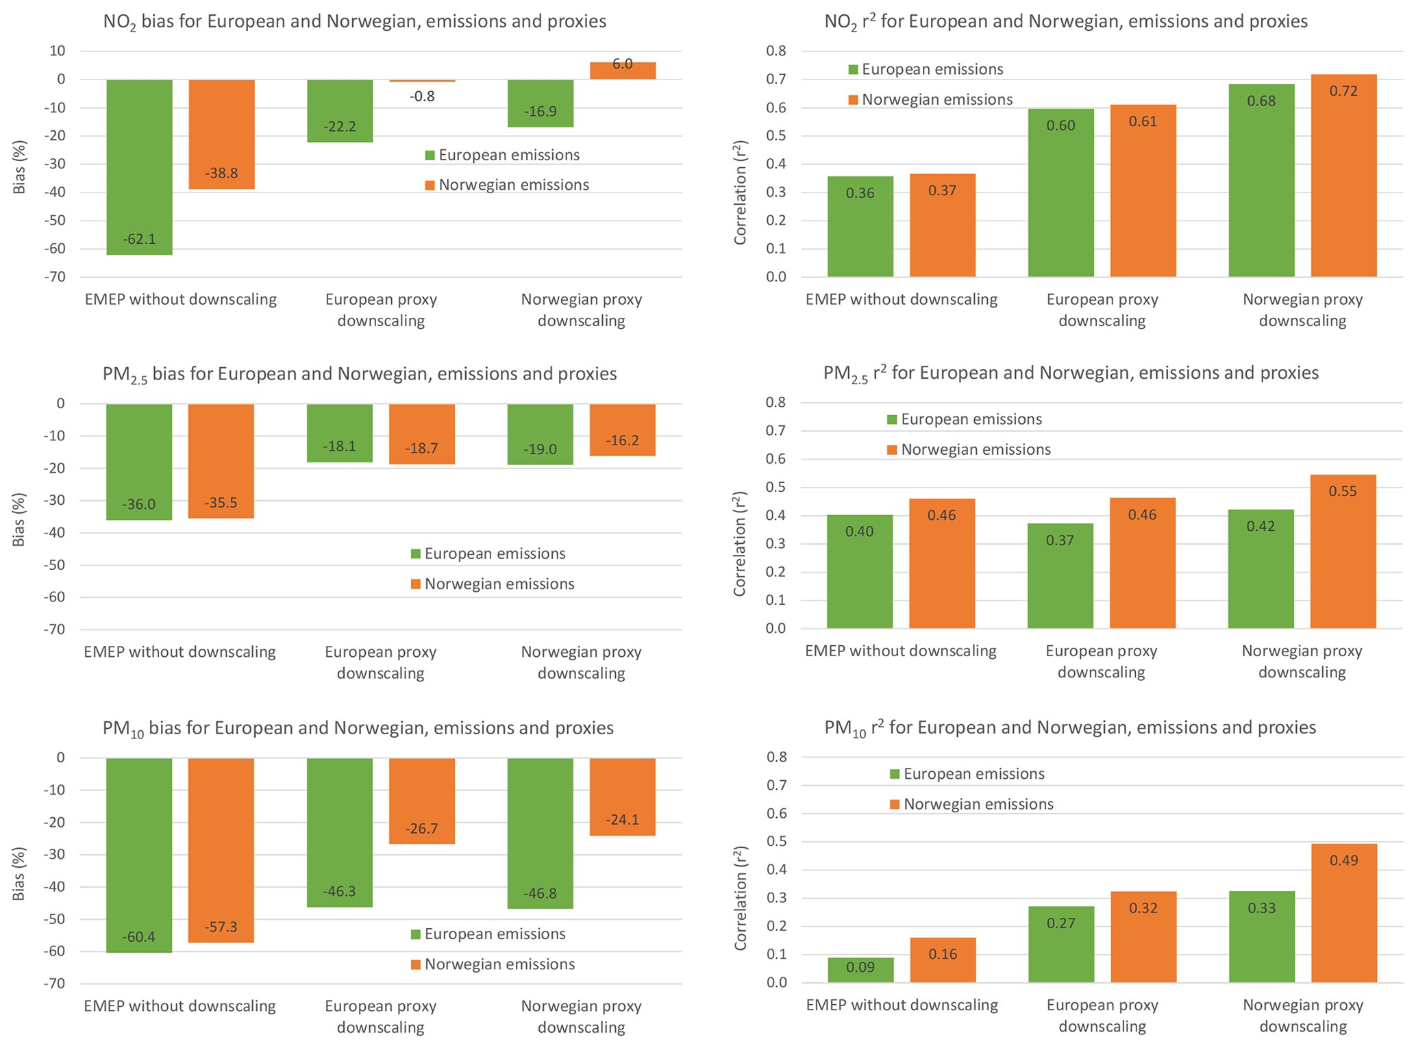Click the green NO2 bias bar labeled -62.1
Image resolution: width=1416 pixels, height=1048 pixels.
[x=139, y=166]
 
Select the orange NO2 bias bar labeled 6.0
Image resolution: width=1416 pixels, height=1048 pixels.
[x=622, y=71]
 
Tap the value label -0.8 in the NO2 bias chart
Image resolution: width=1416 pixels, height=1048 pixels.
[x=422, y=97]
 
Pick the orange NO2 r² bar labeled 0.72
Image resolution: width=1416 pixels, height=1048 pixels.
[x=1343, y=175]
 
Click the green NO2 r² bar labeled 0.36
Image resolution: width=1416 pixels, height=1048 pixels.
[x=860, y=226]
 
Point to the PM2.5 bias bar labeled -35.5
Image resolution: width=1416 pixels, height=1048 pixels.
[x=221, y=460]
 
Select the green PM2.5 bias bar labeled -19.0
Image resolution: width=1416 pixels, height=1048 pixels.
[x=540, y=434]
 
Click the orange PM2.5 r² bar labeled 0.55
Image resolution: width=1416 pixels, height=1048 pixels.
[x=1343, y=551]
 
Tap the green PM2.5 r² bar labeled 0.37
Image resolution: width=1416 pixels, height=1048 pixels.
[x=1060, y=575]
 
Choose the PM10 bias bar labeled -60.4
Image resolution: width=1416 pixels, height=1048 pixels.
[x=139, y=855]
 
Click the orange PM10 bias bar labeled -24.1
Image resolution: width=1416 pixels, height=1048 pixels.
[x=622, y=797]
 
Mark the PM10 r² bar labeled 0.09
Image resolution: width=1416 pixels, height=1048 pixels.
[x=860, y=970]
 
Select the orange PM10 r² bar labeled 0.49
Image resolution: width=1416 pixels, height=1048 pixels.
[x=1343, y=913]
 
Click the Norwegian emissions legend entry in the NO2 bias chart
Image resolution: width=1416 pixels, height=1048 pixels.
[x=506, y=185]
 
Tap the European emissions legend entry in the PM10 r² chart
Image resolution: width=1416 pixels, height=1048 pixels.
[x=967, y=774]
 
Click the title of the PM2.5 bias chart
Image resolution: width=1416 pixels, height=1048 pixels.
[x=359, y=374]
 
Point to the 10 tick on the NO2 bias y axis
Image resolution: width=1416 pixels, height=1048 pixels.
[x=57, y=51]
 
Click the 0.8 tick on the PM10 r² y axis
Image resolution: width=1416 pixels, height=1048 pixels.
[x=778, y=757]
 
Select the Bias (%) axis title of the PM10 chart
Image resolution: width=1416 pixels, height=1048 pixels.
[x=19, y=874]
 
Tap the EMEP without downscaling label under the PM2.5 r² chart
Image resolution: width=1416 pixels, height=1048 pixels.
[x=900, y=651]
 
